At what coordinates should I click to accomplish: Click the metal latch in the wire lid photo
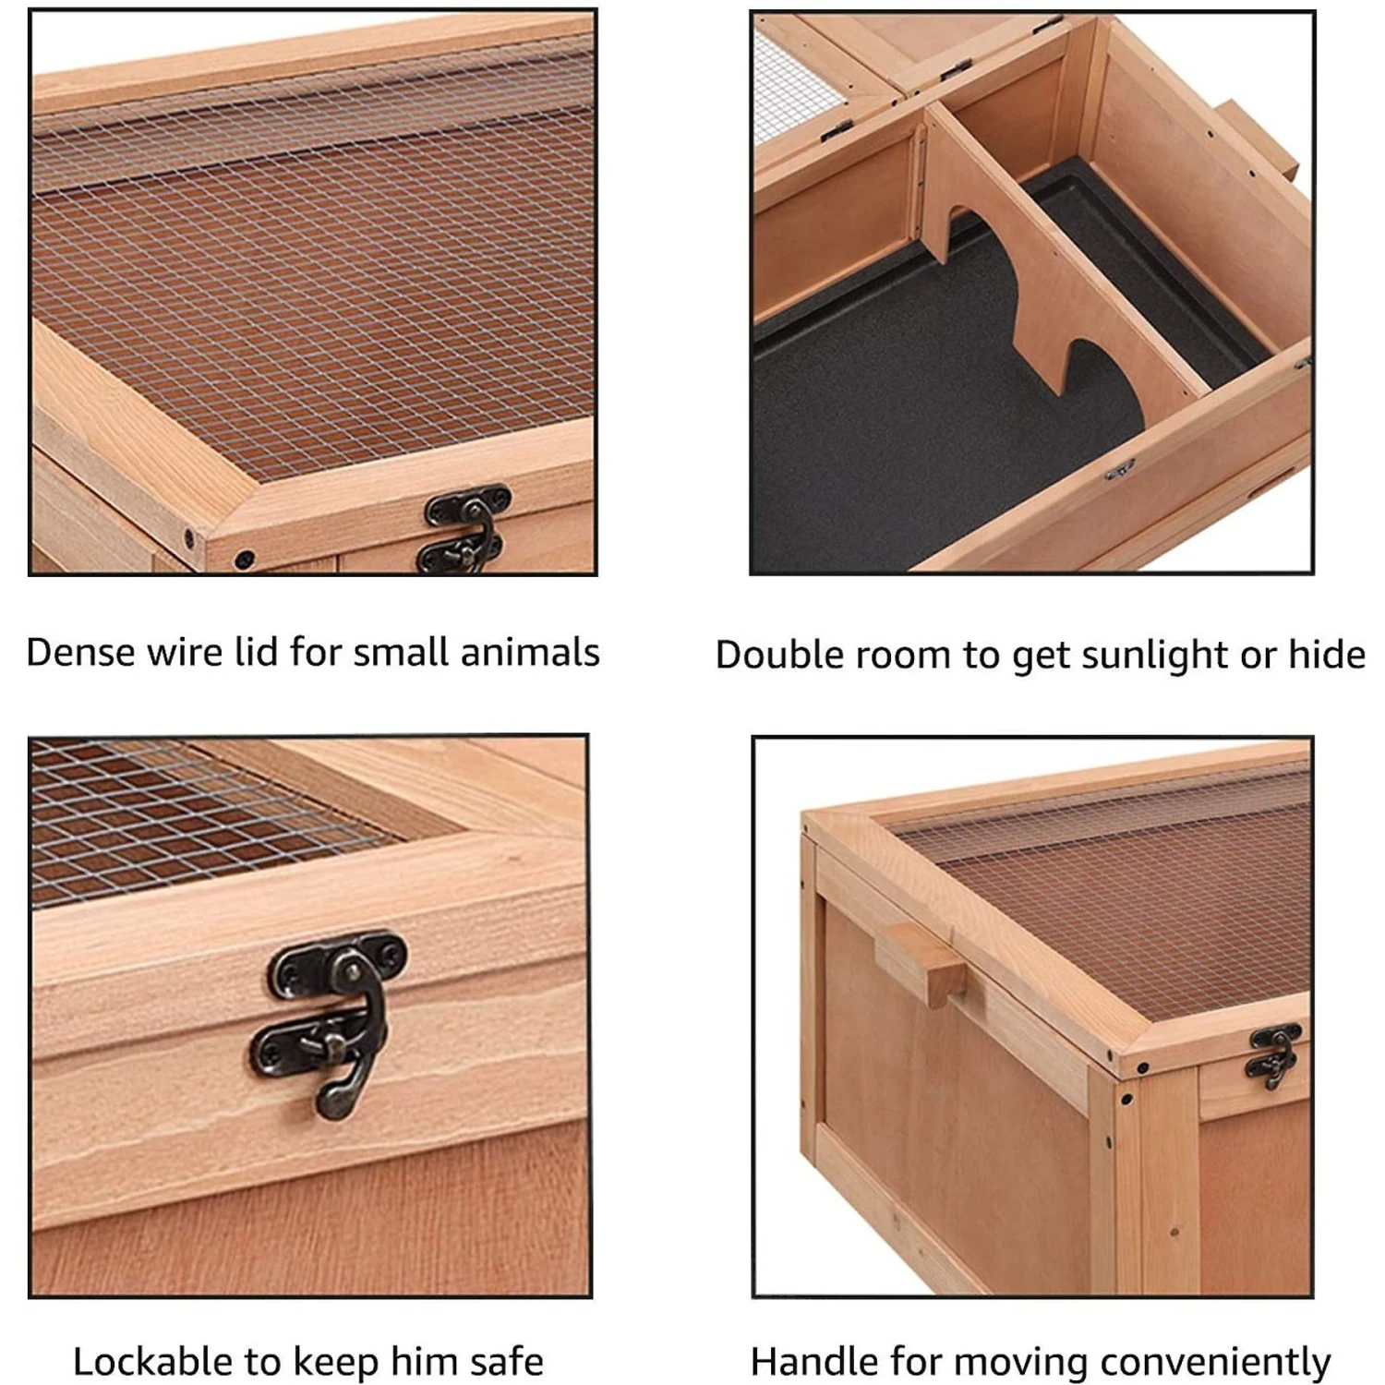tap(467, 529)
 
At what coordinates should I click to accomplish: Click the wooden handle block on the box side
tap(922, 964)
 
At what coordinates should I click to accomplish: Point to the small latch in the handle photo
tap(1275, 1053)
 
